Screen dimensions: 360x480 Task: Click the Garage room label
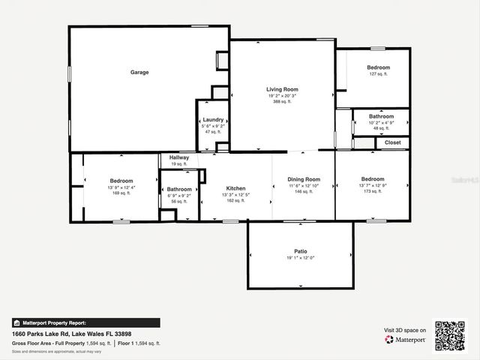(139, 73)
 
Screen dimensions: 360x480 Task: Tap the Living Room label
(283, 89)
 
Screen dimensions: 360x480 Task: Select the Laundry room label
(212, 120)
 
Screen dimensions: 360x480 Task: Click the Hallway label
(178, 157)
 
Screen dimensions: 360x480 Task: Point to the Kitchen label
(235, 188)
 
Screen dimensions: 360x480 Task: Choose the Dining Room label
(304, 179)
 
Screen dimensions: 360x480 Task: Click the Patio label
(300, 251)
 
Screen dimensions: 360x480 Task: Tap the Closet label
(393, 142)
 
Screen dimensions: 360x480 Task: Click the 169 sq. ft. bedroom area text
(121, 193)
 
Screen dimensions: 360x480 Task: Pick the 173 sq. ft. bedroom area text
(373, 192)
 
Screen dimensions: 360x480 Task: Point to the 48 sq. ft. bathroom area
(381, 128)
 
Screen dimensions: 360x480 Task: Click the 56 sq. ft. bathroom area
(179, 201)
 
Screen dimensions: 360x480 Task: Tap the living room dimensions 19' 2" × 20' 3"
(283, 96)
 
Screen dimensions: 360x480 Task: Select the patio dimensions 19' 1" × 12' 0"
(300, 258)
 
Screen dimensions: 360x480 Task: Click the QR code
(450, 336)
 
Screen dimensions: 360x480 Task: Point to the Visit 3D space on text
(405, 330)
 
